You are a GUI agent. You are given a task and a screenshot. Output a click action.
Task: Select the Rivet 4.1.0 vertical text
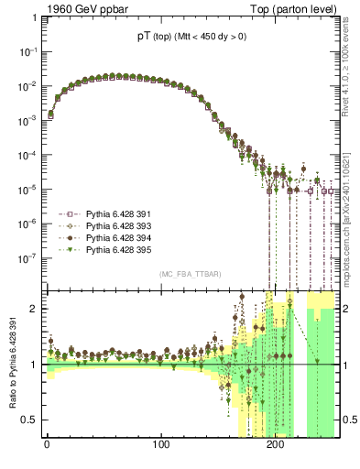351,66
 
